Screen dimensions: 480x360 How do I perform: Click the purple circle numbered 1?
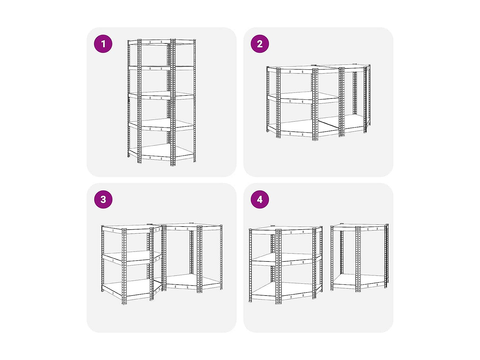point(103,44)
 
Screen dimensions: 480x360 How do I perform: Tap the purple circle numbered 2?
point(259,44)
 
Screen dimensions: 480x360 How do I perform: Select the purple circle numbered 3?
point(103,199)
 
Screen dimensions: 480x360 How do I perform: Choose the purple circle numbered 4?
point(259,199)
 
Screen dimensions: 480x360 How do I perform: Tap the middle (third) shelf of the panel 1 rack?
point(162,96)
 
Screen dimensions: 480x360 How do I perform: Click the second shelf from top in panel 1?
point(162,68)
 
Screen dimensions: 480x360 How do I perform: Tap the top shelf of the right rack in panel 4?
point(359,227)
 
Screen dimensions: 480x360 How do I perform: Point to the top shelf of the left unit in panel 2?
point(303,70)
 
